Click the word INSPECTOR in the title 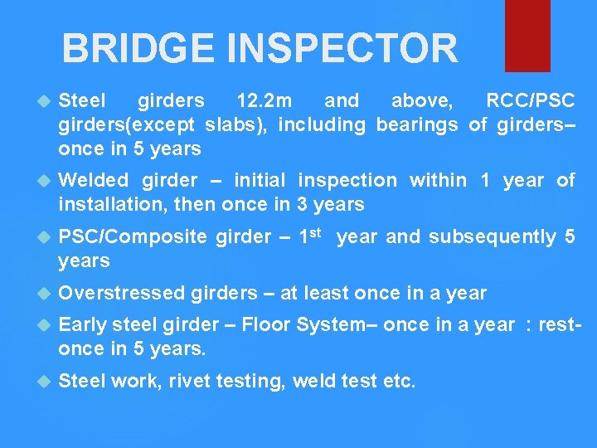point(342,48)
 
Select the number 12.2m point(264,101)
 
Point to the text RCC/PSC point(530,101)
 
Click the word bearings point(416,125)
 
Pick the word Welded point(94,180)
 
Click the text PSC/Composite point(133,237)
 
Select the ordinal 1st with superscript point(311,236)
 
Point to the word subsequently point(493,237)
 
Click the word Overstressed point(123,293)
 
